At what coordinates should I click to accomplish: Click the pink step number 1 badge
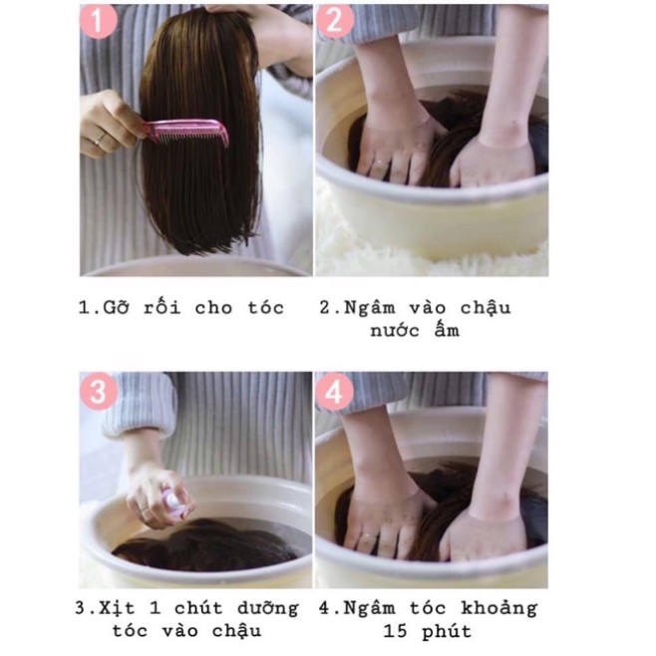click(100, 21)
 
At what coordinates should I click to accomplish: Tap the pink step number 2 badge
click(335, 21)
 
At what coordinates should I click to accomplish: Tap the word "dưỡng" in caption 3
click(263, 609)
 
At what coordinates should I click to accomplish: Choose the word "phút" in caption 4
click(448, 632)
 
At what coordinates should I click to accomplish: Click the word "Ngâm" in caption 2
click(371, 308)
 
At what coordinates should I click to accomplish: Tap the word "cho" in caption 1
click(215, 307)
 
